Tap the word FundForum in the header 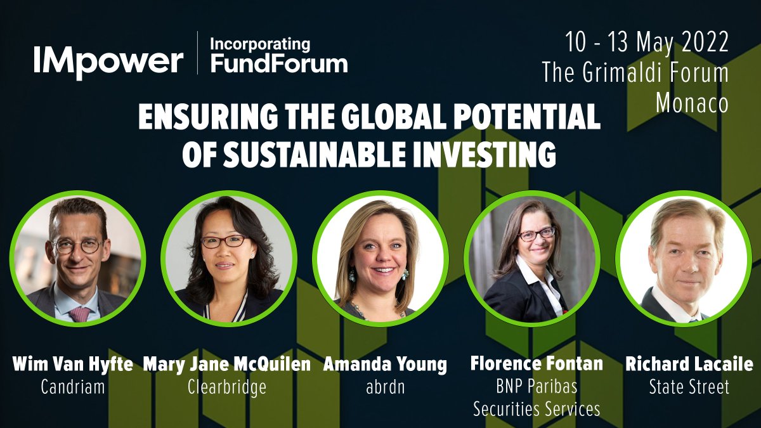pos(279,63)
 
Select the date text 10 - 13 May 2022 pos(647,43)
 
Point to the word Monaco pos(692,103)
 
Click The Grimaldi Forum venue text pos(635,73)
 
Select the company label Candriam pos(72,386)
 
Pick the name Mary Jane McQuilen pos(227,365)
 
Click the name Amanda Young pos(385,365)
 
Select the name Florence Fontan pos(537,364)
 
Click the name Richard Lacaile pos(689,365)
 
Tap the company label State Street pos(689,386)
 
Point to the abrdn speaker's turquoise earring pos(352,276)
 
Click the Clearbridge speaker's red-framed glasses pos(223,241)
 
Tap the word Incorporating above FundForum pos(260,44)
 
